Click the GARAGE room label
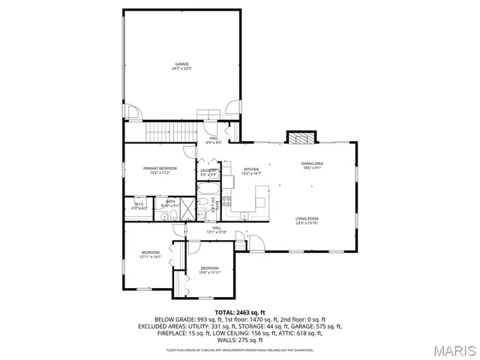182,64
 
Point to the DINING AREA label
312,165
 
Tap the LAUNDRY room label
208,172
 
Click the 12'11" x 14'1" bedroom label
151,254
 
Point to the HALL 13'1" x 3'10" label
216,229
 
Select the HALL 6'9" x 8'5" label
214,139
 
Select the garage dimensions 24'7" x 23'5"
182,68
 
